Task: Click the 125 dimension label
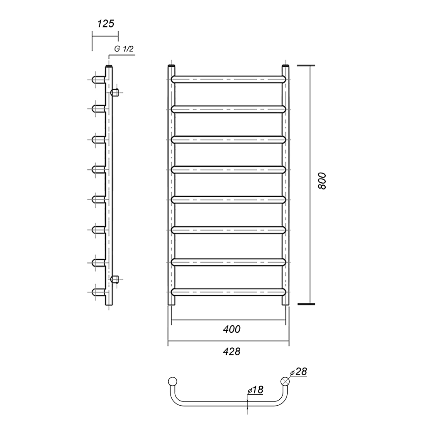click(x=105, y=24)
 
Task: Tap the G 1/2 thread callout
click(x=124, y=49)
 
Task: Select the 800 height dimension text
click(x=322, y=181)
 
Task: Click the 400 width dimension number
click(x=232, y=329)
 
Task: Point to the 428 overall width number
click(x=232, y=352)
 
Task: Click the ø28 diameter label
click(x=298, y=372)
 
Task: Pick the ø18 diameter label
click(x=255, y=390)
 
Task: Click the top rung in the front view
click(x=228, y=80)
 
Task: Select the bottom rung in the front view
click(x=228, y=292)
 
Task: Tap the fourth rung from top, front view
click(x=228, y=170)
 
